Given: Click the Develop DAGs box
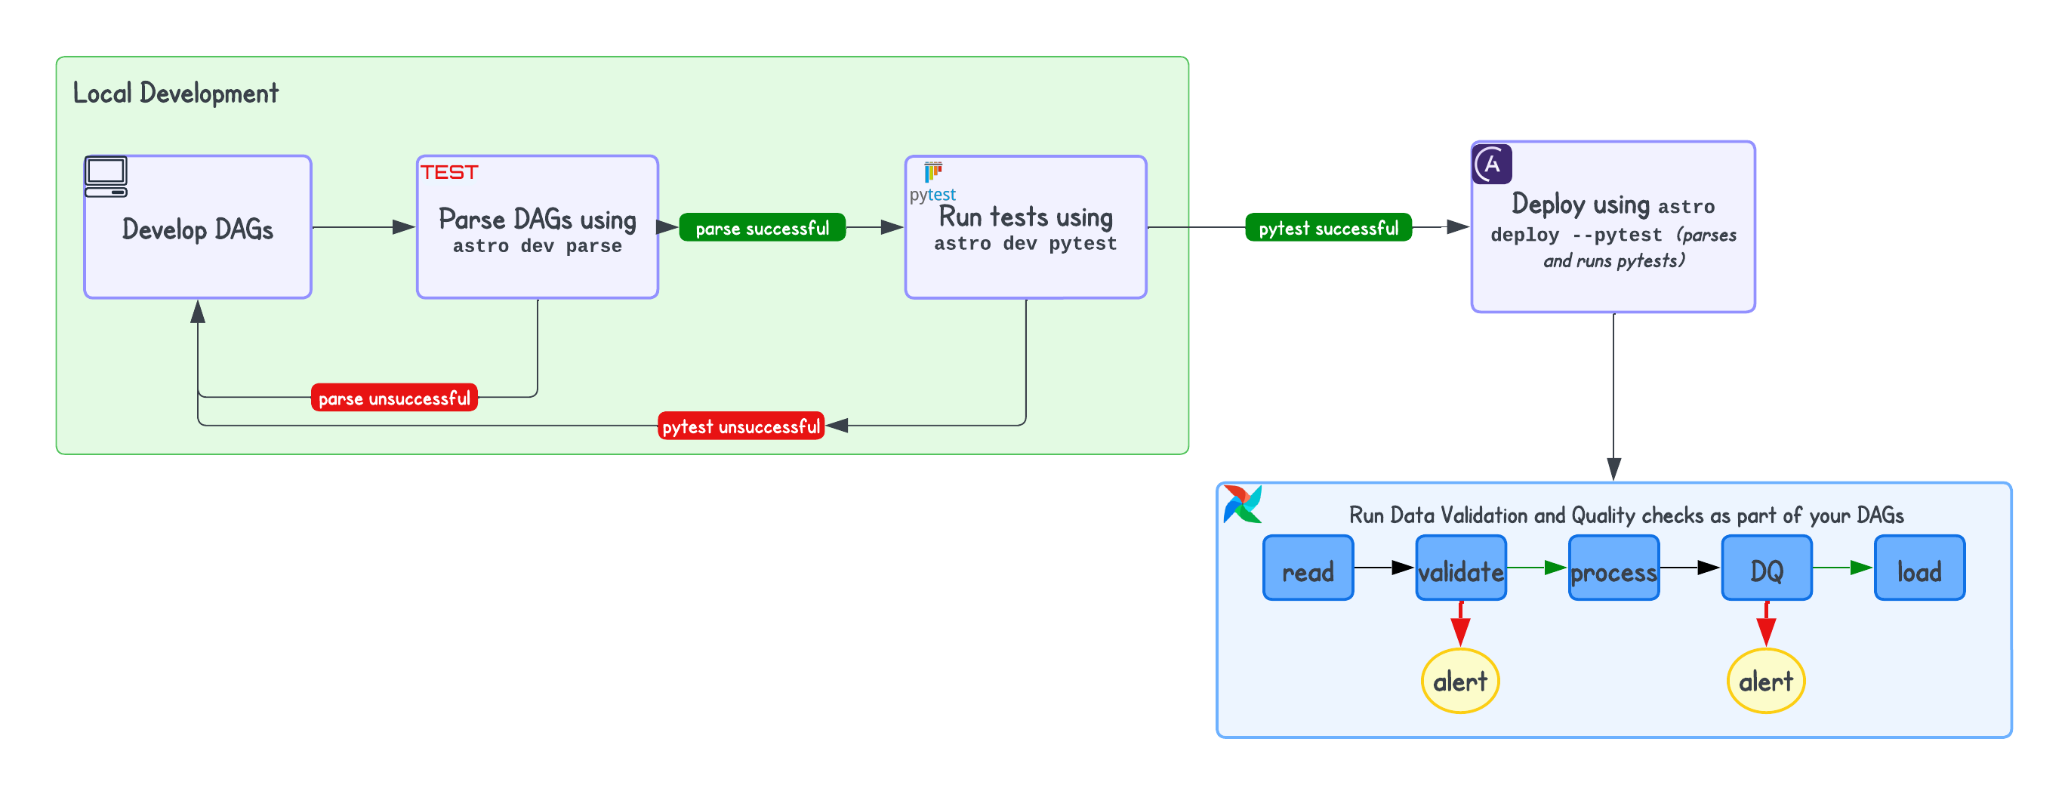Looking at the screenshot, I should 198,228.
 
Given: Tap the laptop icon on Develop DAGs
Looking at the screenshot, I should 106,177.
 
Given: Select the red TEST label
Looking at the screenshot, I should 448,173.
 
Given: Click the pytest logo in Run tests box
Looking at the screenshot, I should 933,182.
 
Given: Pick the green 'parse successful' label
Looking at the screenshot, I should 762,228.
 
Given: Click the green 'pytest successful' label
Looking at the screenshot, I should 1328,228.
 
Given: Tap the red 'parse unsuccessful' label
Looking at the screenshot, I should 394,399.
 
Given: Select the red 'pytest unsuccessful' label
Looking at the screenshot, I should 741,426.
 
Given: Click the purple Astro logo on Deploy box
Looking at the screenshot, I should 1492,165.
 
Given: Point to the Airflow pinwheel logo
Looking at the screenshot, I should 1242,504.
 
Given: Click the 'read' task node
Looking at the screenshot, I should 1308,568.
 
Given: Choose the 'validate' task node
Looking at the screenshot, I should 1460,568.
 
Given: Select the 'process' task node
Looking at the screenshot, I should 1613,568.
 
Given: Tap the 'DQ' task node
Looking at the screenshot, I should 1766,568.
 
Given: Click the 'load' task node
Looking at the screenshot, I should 1919,568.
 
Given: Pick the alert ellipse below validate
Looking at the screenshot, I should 1460,682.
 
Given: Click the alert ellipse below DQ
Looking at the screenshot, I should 1765,682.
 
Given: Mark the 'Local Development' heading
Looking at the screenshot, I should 176,93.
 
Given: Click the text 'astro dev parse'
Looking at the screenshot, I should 537,245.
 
